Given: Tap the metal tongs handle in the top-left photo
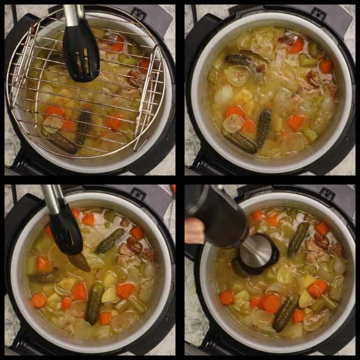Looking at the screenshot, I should pos(72,14).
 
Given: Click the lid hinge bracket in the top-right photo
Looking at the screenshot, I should pos(319,13).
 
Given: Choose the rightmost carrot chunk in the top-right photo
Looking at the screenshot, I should pos(326,66).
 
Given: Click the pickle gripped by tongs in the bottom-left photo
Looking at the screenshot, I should pos(79,262).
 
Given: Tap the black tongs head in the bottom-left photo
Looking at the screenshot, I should pos(66,230).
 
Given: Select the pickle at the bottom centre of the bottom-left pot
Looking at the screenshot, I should pos(94,303).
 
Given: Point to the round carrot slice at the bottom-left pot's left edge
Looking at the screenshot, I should pos(39,300).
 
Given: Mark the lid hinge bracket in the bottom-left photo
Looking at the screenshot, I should pos(139,193).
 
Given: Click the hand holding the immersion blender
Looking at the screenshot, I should pos(194,230).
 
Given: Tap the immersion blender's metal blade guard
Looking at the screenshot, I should pos(256,253).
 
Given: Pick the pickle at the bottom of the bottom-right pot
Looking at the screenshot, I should pos(285,313).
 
